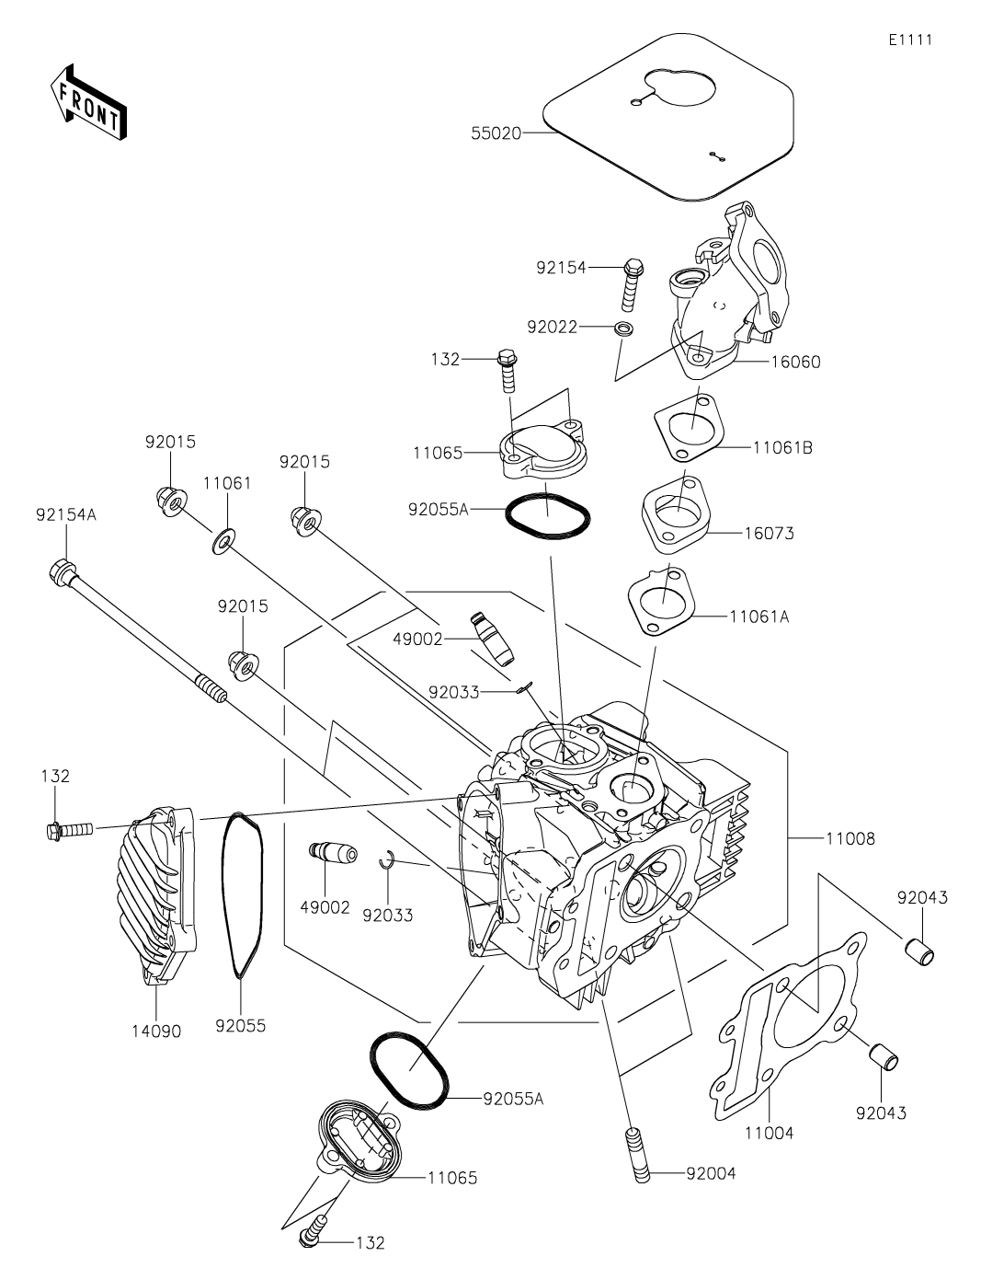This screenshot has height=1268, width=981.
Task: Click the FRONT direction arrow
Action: (x=88, y=101)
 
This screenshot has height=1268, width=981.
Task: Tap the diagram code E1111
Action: (x=910, y=40)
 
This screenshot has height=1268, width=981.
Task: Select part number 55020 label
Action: (x=496, y=133)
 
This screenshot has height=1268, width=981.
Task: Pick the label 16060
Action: (x=795, y=362)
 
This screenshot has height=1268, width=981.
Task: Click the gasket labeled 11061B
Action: (x=689, y=428)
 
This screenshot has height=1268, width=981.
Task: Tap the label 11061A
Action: (x=759, y=617)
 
